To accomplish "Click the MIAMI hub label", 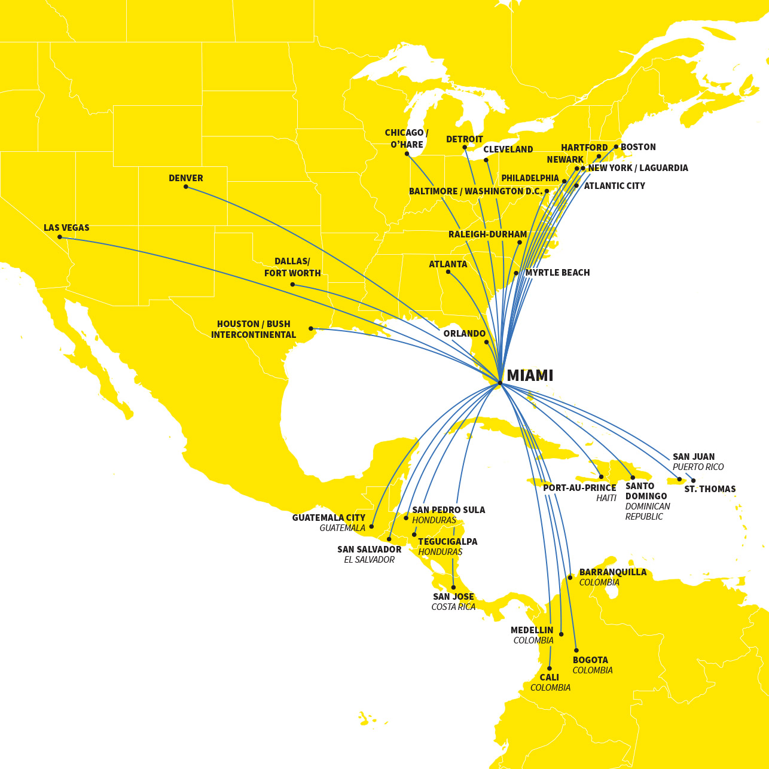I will click(530, 376).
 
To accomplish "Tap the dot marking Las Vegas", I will click(60, 237).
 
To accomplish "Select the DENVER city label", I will click(186, 178).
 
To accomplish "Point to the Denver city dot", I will click(186, 187).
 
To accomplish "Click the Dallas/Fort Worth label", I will click(292, 267).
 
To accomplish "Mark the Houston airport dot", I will click(311, 328).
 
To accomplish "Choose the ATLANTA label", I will click(448, 264).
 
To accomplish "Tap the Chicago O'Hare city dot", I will click(407, 154).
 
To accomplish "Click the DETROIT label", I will click(465, 139).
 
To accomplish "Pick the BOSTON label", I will click(638, 147).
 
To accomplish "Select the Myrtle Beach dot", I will click(516, 273).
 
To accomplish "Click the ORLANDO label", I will click(465, 334).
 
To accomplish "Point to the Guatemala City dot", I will click(371, 526).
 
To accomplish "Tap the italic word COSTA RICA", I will click(453, 607).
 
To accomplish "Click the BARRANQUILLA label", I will click(613, 572).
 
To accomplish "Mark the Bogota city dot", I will click(576, 650).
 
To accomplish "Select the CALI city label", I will click(550, 678).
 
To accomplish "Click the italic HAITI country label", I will click(606, 498).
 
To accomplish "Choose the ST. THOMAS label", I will click(710, 489).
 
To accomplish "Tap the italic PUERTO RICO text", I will click(698, 467).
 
